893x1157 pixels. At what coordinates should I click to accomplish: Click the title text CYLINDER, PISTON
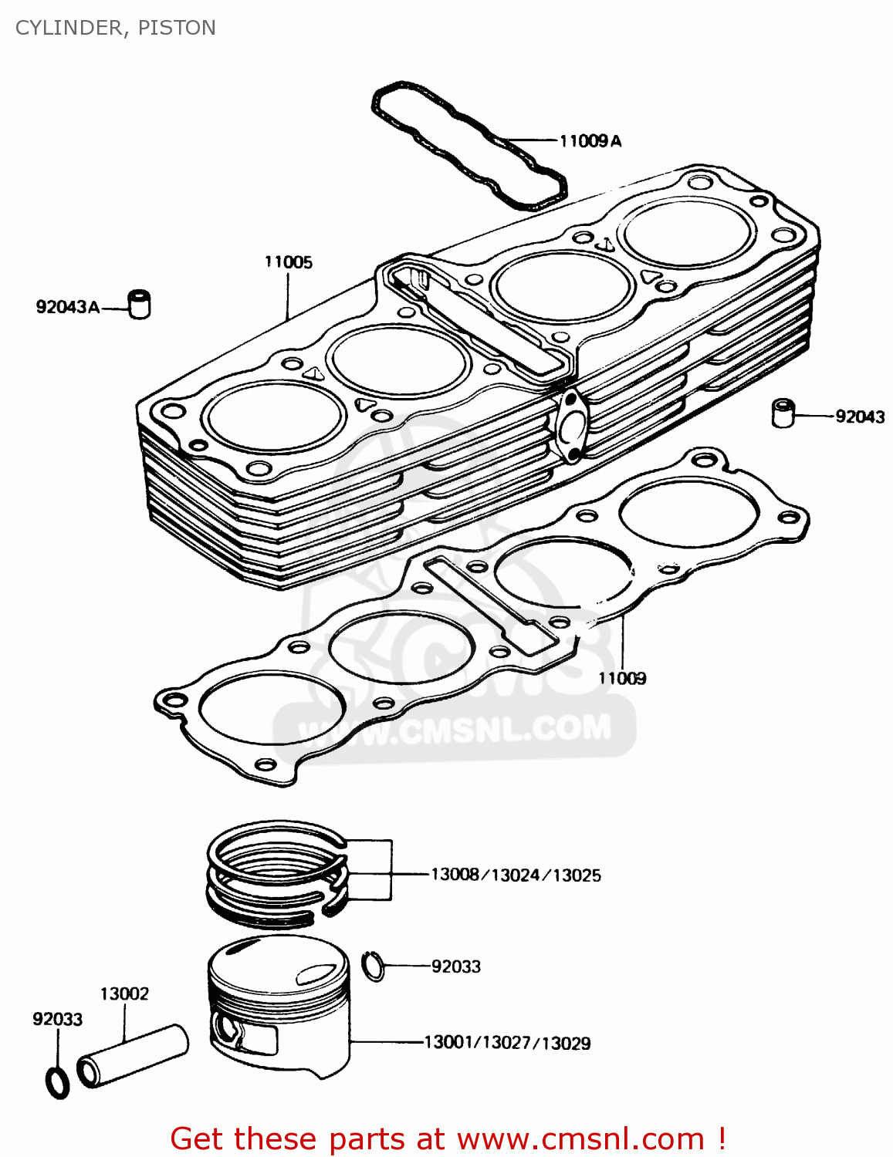(115, 28)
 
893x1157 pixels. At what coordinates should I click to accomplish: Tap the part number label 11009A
(590, 140)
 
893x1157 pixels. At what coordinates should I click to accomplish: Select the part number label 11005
(288, 262)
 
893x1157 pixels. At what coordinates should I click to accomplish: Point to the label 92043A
(67, 307)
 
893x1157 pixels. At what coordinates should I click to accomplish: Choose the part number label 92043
(860, 417)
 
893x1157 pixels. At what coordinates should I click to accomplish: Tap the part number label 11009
(622, 678)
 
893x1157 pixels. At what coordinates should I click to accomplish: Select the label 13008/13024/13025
(516, 875)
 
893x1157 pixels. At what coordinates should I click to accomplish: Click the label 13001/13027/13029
(507, 1043)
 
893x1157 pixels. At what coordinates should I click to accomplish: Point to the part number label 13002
(123, 993)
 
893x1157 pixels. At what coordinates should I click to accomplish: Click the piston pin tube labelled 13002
(133, 1055)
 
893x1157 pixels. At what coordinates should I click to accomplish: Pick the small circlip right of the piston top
(374, 965)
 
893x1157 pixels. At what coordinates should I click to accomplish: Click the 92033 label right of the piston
(455, 966)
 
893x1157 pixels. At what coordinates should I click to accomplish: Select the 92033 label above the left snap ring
(57, 1019)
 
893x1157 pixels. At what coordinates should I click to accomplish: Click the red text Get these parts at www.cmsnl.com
(447, 1138)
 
